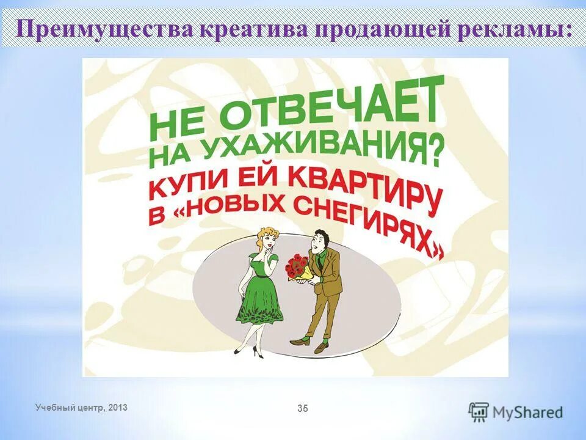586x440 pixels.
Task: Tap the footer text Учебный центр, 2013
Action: (x=82, y=407)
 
